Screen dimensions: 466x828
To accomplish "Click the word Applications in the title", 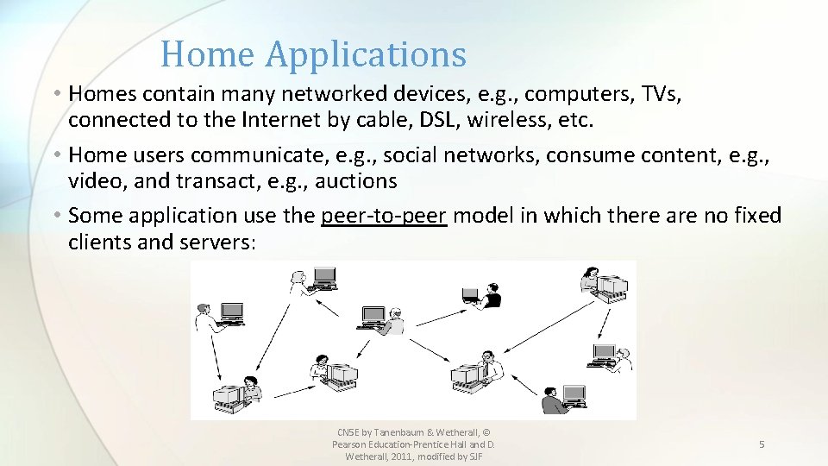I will point(366,54).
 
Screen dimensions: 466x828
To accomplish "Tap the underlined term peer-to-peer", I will point(384,215).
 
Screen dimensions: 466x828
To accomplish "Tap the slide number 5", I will point(762,444).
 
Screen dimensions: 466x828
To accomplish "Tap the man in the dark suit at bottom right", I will point(552,398).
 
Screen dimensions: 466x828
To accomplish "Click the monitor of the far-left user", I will point(231,312).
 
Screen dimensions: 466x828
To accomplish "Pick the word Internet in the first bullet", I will point(267,119).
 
